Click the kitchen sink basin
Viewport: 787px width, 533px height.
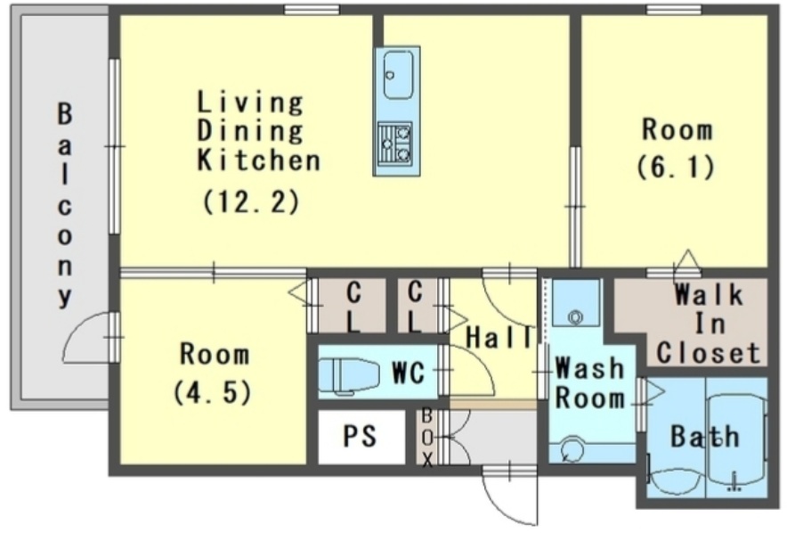pos(398,75)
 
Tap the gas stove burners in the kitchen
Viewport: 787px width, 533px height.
pos(395,143)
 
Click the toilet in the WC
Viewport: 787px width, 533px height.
pos(349,374)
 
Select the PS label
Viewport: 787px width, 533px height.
pos(360,435)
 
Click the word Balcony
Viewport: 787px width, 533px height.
pos(64,205)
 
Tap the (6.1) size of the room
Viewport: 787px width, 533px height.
pos(676,167)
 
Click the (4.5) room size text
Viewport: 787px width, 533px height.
pos(212,392)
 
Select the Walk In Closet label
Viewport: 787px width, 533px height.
pos(708,324)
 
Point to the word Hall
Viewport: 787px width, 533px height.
pos(499,337)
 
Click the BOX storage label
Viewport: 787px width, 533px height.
pos(427,438)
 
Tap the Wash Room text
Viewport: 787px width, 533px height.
pos(589,382)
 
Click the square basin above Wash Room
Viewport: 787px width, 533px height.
pos(576,303)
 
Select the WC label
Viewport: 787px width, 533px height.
pos(408,373)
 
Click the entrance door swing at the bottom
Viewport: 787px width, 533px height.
pos(508,497)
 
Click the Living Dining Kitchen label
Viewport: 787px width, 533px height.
pos(258,131)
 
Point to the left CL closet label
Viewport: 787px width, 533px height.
pos(353,307)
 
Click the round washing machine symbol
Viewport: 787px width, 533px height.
pos(572,448)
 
